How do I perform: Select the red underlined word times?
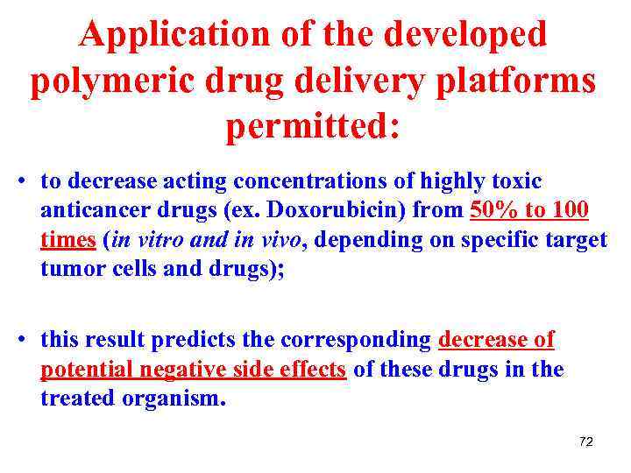click(x=67, y=240)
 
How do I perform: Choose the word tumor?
click(x=69, y=269)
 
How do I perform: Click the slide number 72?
click(x=585, y=442)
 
